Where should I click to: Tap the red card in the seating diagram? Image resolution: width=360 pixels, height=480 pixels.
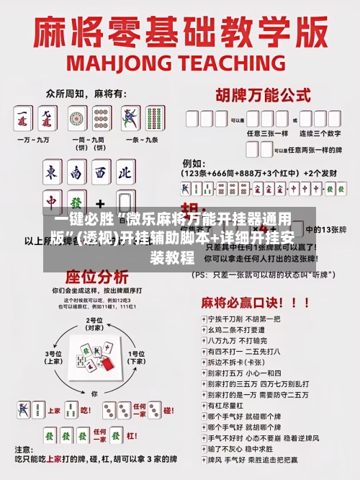[106, 365]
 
